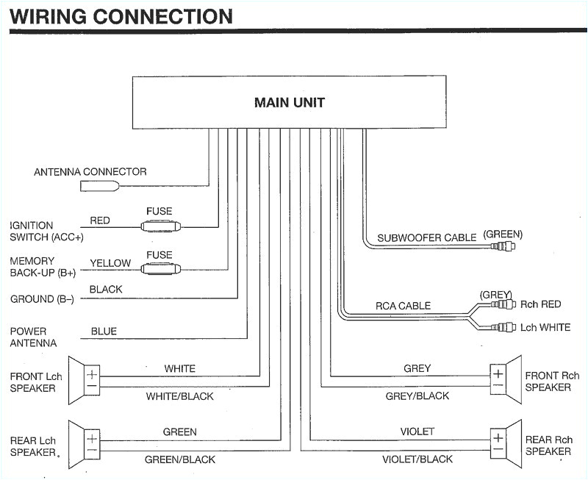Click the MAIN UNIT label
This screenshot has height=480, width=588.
289,102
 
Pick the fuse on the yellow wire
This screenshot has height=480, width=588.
159,270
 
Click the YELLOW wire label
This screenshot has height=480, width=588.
110,263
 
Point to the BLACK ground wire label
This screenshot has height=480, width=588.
106,290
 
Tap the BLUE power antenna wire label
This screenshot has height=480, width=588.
104,332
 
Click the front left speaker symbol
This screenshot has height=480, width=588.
85,380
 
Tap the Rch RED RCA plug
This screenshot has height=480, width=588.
503,304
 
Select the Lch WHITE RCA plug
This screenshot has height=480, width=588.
503,327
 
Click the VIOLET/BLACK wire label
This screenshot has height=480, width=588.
417,459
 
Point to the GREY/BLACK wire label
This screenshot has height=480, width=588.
417,396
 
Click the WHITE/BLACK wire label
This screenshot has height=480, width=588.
179,396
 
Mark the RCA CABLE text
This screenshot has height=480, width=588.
403,306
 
